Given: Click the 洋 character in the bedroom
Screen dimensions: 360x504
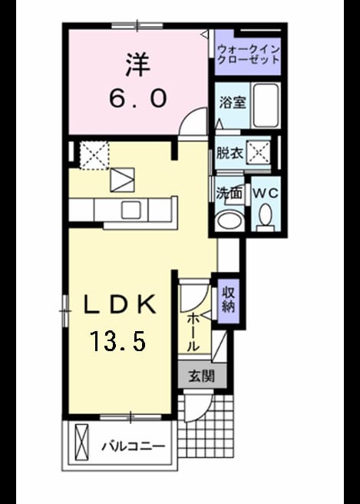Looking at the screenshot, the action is pos(137,65).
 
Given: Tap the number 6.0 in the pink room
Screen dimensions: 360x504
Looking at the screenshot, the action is pos(138,98).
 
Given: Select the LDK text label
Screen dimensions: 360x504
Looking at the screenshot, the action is pos(120,304).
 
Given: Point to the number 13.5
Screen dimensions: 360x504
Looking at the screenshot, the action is pos(118,341).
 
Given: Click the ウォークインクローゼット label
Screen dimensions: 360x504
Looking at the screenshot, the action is pos(248,55).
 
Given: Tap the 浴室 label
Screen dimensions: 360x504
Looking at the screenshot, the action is pos(233,102).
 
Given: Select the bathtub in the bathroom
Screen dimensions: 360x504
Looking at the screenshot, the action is pos(266,105).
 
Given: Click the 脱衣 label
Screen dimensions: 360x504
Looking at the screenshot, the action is pos(229,153).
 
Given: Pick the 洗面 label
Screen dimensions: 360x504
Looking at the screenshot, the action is pos(229,194).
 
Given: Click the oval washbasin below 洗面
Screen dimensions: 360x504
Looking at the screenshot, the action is pos(230,220).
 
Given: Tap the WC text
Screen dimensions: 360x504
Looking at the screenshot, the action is pos(266,193).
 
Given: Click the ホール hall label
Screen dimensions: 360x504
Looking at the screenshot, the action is pos(193,333).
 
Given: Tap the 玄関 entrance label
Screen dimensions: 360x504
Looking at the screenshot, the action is pos(201,375).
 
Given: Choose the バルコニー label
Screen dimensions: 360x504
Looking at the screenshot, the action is pos(134,446).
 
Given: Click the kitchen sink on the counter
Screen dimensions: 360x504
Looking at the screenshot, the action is pos(131,210).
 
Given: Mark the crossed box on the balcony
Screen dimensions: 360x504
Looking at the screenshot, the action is pos(81,443).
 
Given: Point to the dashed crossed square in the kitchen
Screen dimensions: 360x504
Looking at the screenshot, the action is pos(94,155).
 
